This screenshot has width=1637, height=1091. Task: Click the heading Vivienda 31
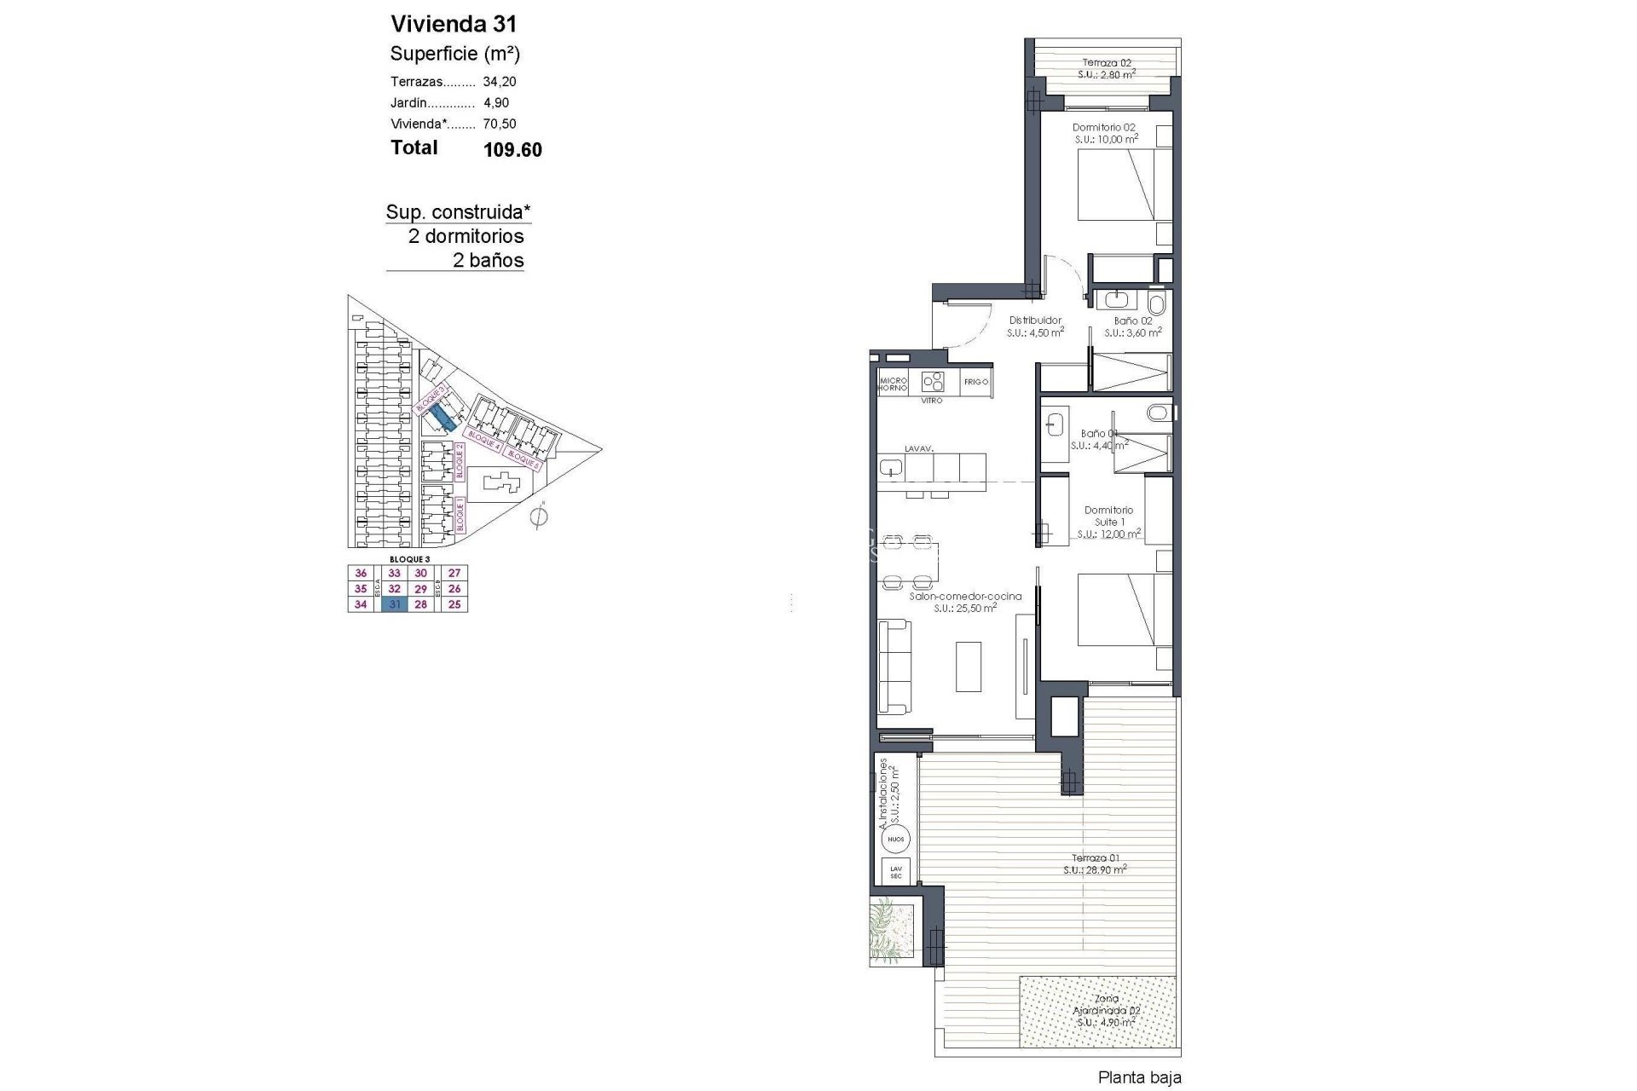click(x=454, y=24)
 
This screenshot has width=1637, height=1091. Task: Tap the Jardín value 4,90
click(x=496, y=103)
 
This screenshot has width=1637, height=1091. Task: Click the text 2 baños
click(x=488, y=261)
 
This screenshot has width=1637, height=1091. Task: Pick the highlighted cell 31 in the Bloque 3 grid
click(x=394, y=604)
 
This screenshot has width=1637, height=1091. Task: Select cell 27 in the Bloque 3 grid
click(x=454, y=574)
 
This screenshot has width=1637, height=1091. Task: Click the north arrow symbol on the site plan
click(x=538, y=517)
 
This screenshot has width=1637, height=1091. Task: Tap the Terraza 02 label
click(x=1107, y=62)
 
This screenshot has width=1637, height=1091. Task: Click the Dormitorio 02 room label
click(x=1103, y=127)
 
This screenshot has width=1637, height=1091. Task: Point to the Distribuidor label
click(x=1035, y=320)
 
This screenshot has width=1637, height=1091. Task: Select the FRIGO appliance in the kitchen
click(x=976, y=382)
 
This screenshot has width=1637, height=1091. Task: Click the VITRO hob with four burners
click(x=932, y=381)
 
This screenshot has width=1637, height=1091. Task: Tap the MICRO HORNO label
click(x=893, y=384)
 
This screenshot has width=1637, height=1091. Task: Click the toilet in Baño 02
click(x=1157, y=303)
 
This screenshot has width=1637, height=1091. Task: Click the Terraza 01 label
click(x=1096, y=858)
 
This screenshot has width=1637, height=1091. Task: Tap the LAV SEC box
click(x=895, y=872)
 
